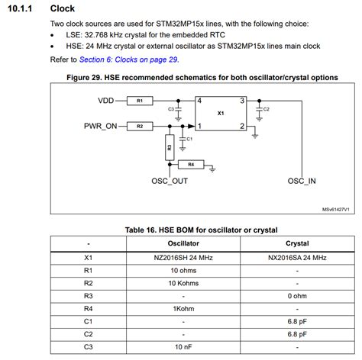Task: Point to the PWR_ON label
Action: coord(100,127)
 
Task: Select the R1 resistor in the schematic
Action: coord(141,101)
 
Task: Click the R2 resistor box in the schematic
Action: coord(141,127)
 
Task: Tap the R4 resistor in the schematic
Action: coord(191,164)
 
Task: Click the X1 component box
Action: coord(221,113)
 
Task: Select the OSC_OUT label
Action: coord(169,182)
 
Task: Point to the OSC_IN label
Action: coord(302,182)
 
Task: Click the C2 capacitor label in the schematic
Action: coord(266,110)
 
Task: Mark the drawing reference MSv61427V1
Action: coord(334,210)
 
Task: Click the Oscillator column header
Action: coord(183,243)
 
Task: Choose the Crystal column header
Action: coord(296,243)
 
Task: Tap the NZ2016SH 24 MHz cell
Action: coord(183,258)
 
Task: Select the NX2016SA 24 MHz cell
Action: coord(296,258)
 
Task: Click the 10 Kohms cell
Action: coord(183,282)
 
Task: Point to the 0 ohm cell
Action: coord(296,295)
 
